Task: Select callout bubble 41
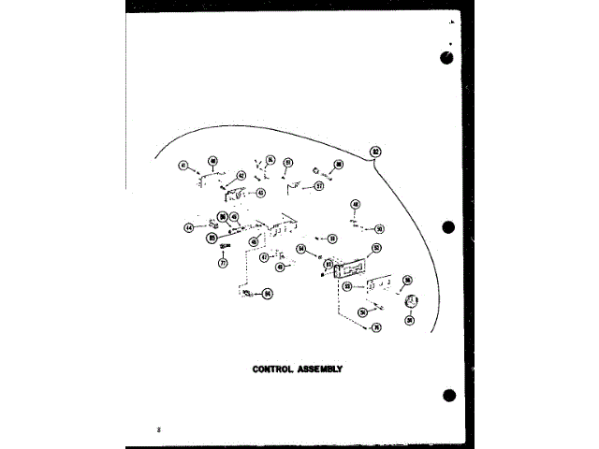click(x=183, y=167)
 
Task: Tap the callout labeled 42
click(x=241, y=175)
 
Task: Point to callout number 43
click(x=261, y=193)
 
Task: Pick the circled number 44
click(x=188, y=226)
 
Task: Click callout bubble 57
click(x=318, y=185)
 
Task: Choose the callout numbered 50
click(x=379, y=227)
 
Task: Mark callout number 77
click(x=223, y=263)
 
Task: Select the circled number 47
click(x=264, y=256)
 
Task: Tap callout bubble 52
click(x=376, y=248)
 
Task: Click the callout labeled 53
click(x=346, y=286)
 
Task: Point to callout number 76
click(x=375, y=327)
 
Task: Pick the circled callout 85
click(x=212, y=239)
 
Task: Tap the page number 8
click(x=160, y=428)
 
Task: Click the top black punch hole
click(x=447, y=57)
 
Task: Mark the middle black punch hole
click(x=447, y=226)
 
